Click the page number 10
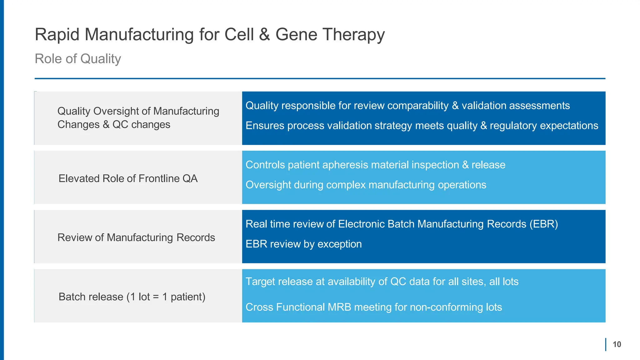pos(617,344)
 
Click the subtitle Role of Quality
pos(77,59)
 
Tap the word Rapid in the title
pos(57,34)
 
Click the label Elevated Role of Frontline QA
pos(128,178)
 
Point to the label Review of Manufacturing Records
pos(136,237)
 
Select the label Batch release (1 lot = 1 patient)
pos(132,297)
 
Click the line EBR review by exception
pos(303,244)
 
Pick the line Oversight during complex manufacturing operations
pos(366,185)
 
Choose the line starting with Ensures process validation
pos(422,126)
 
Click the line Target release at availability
pos(382,282)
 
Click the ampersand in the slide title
pos(264,34)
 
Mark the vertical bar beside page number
pos(606,344)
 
